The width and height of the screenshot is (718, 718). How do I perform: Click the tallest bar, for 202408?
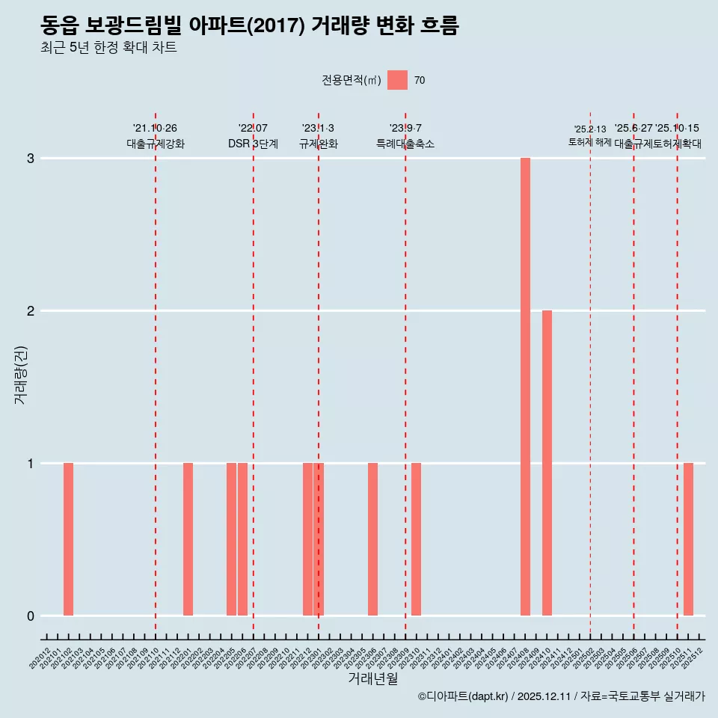tap(525, 387)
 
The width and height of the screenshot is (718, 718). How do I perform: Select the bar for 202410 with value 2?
tap(547, 463)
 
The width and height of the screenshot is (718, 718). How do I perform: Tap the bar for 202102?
tap(68, 539)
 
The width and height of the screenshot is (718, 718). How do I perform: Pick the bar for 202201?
tap(188, 539)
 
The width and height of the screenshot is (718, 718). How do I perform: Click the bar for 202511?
tap(688, 539)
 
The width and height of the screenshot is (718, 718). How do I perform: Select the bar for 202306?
tap(372, 539)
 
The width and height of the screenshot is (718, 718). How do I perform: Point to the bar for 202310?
tap(416, 539)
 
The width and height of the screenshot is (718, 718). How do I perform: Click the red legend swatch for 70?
tap(397, 80)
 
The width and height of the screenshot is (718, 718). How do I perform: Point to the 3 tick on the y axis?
tap(31, 159)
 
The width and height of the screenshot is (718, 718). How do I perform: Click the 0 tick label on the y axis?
tap(31, 616)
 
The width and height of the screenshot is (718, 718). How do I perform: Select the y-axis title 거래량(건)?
tap(21, 374)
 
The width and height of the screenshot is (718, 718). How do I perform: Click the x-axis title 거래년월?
tap(372, 678)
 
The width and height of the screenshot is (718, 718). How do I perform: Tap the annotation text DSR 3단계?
tap(253, 144)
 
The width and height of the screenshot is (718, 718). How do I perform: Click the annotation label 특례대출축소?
tap(405, 144)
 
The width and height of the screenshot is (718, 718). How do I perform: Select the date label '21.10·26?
tap(155, 129)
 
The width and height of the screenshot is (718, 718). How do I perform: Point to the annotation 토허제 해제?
tap(590, 142)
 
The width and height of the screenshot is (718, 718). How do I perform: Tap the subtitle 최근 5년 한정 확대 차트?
tap(108, 48)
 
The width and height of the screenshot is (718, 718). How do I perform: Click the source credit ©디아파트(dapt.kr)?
tap(462, 696)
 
